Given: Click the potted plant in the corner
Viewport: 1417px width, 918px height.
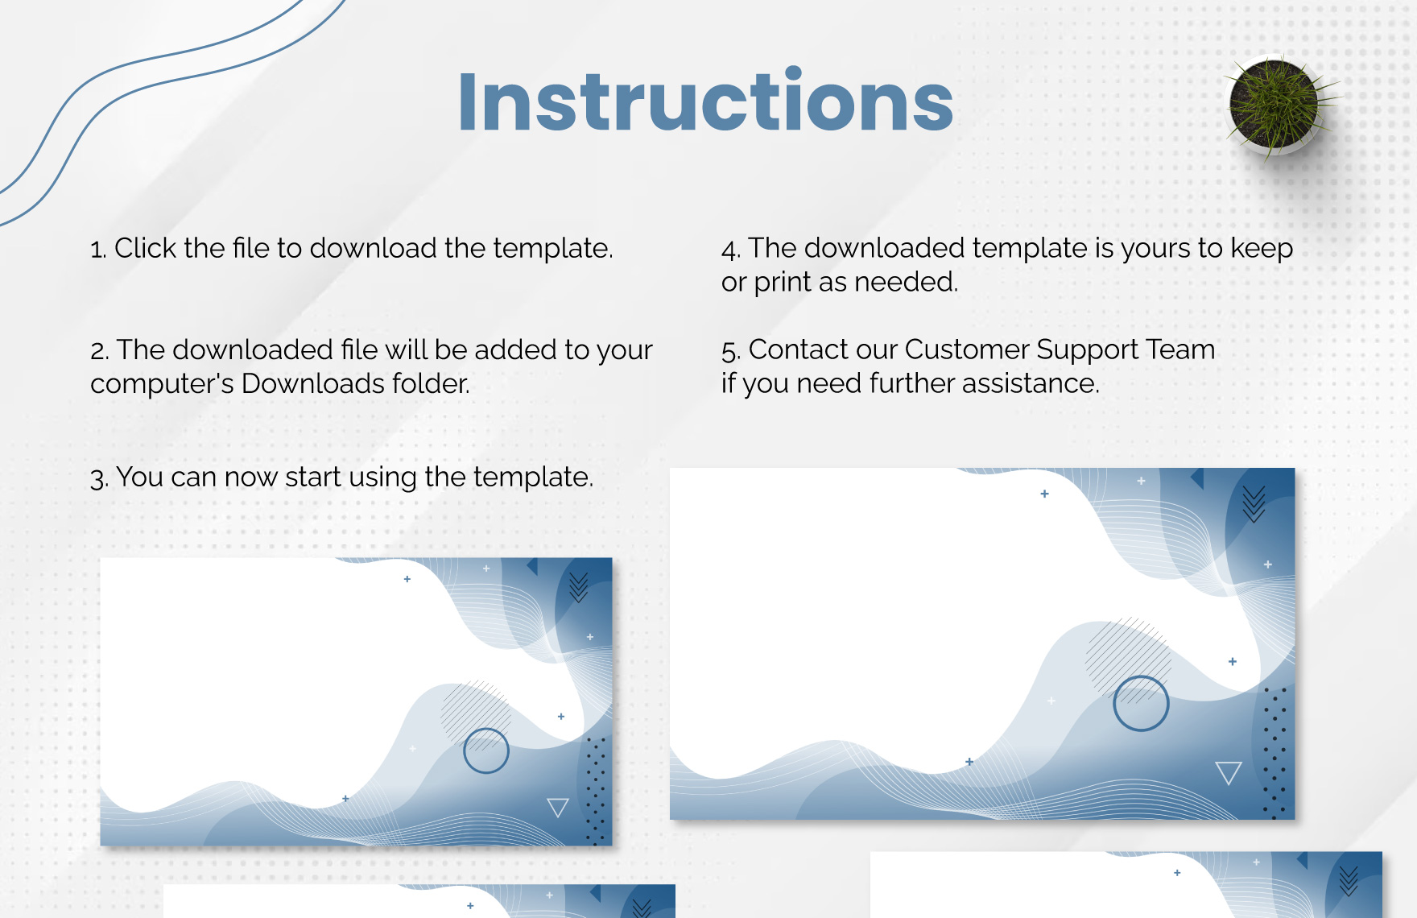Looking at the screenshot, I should coord(1274,105).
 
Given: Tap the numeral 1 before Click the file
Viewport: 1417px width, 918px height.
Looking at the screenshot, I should coord(97,250).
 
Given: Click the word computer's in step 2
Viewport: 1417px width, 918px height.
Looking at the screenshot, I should coord(162,384).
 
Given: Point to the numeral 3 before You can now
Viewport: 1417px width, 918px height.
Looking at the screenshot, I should coord(97,478).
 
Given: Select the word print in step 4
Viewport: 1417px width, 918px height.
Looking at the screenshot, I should coord(782,283).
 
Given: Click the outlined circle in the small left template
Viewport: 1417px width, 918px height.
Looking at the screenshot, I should coord(486,751).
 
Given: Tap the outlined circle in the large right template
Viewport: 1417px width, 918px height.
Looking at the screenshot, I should coord(1141,703).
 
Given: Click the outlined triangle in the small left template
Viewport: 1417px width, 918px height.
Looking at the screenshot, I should coord(558,806).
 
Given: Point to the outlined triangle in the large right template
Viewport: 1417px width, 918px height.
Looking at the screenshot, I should coord(1229,771).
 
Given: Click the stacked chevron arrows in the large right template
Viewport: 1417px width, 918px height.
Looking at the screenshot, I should coord(1254,504).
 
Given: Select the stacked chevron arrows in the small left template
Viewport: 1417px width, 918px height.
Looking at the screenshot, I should coord(578,588).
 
